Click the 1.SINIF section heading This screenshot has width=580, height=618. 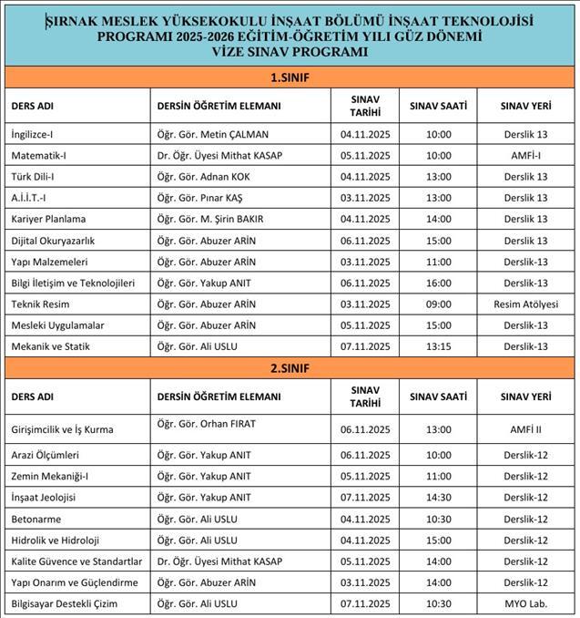coord(290,77)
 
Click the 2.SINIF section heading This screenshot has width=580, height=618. coord(290,367)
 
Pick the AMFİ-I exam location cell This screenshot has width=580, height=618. coord(525,155)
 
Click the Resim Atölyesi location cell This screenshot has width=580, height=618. coord(525,304)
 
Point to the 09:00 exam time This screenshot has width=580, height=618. coord(438,304)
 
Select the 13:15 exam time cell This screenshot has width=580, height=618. coord(438,345)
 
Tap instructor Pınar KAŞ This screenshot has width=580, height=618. coord(200,198)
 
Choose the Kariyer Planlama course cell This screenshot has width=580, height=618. coord(46,219)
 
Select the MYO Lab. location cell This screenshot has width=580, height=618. coord(525,603)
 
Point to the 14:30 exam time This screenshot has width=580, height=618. coord(438,497)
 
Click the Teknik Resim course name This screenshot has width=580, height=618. coord(41,304)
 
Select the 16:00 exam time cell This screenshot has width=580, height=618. coord(438,283)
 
